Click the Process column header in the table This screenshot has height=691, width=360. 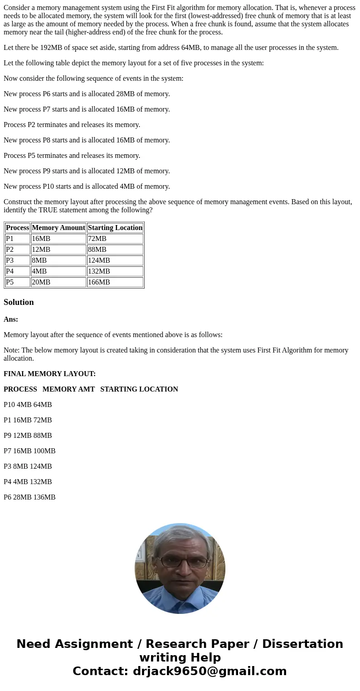click(17, 228)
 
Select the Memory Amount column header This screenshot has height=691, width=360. click(58, 228)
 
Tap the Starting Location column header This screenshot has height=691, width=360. click(115, 228)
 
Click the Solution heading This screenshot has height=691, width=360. click(19, 302)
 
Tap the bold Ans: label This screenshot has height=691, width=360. click(11, 319)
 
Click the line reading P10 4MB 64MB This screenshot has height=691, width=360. click(28, 405)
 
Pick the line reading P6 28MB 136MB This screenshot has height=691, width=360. click(29, 497)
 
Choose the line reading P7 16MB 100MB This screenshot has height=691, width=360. click(29, 451)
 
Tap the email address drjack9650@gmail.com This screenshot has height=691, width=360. click(209, 671)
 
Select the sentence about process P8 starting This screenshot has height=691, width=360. click(87, 140)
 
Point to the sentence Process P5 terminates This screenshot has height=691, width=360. click(72, 156)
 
